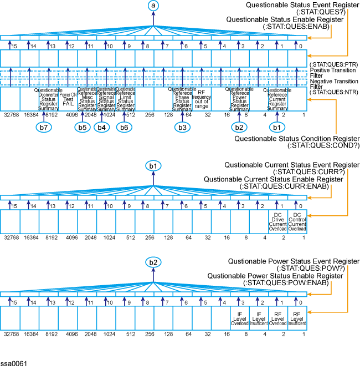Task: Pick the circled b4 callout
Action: (x=102, y=127)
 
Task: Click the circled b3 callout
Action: (x=182, y=127)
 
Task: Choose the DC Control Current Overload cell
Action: (x=296, y=220)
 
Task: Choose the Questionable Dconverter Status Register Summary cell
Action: (x=49, y=99)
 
